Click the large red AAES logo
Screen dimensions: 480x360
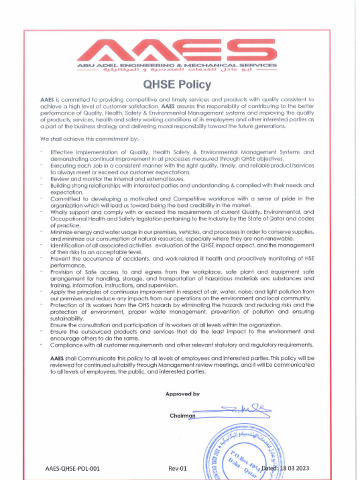click(x=177, y=50)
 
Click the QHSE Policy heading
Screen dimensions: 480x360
click(x=177, y=85)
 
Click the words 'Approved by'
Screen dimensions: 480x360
click(x=182, y=394)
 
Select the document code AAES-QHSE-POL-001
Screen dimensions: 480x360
click(x=73, y=468)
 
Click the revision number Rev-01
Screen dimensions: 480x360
click(x=178, y=468)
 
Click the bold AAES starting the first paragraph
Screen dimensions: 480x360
click(x=47, y=99)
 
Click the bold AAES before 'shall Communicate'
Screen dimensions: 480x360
click(x=57, y=358)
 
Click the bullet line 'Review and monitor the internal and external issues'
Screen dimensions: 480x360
click(x=117, y=179)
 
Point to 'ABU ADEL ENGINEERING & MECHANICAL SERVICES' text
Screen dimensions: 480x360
click(x=177, y=65)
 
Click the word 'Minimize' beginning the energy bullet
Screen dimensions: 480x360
click(x=62, y=232)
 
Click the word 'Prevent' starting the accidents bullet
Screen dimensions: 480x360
click(x=60, y=258)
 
